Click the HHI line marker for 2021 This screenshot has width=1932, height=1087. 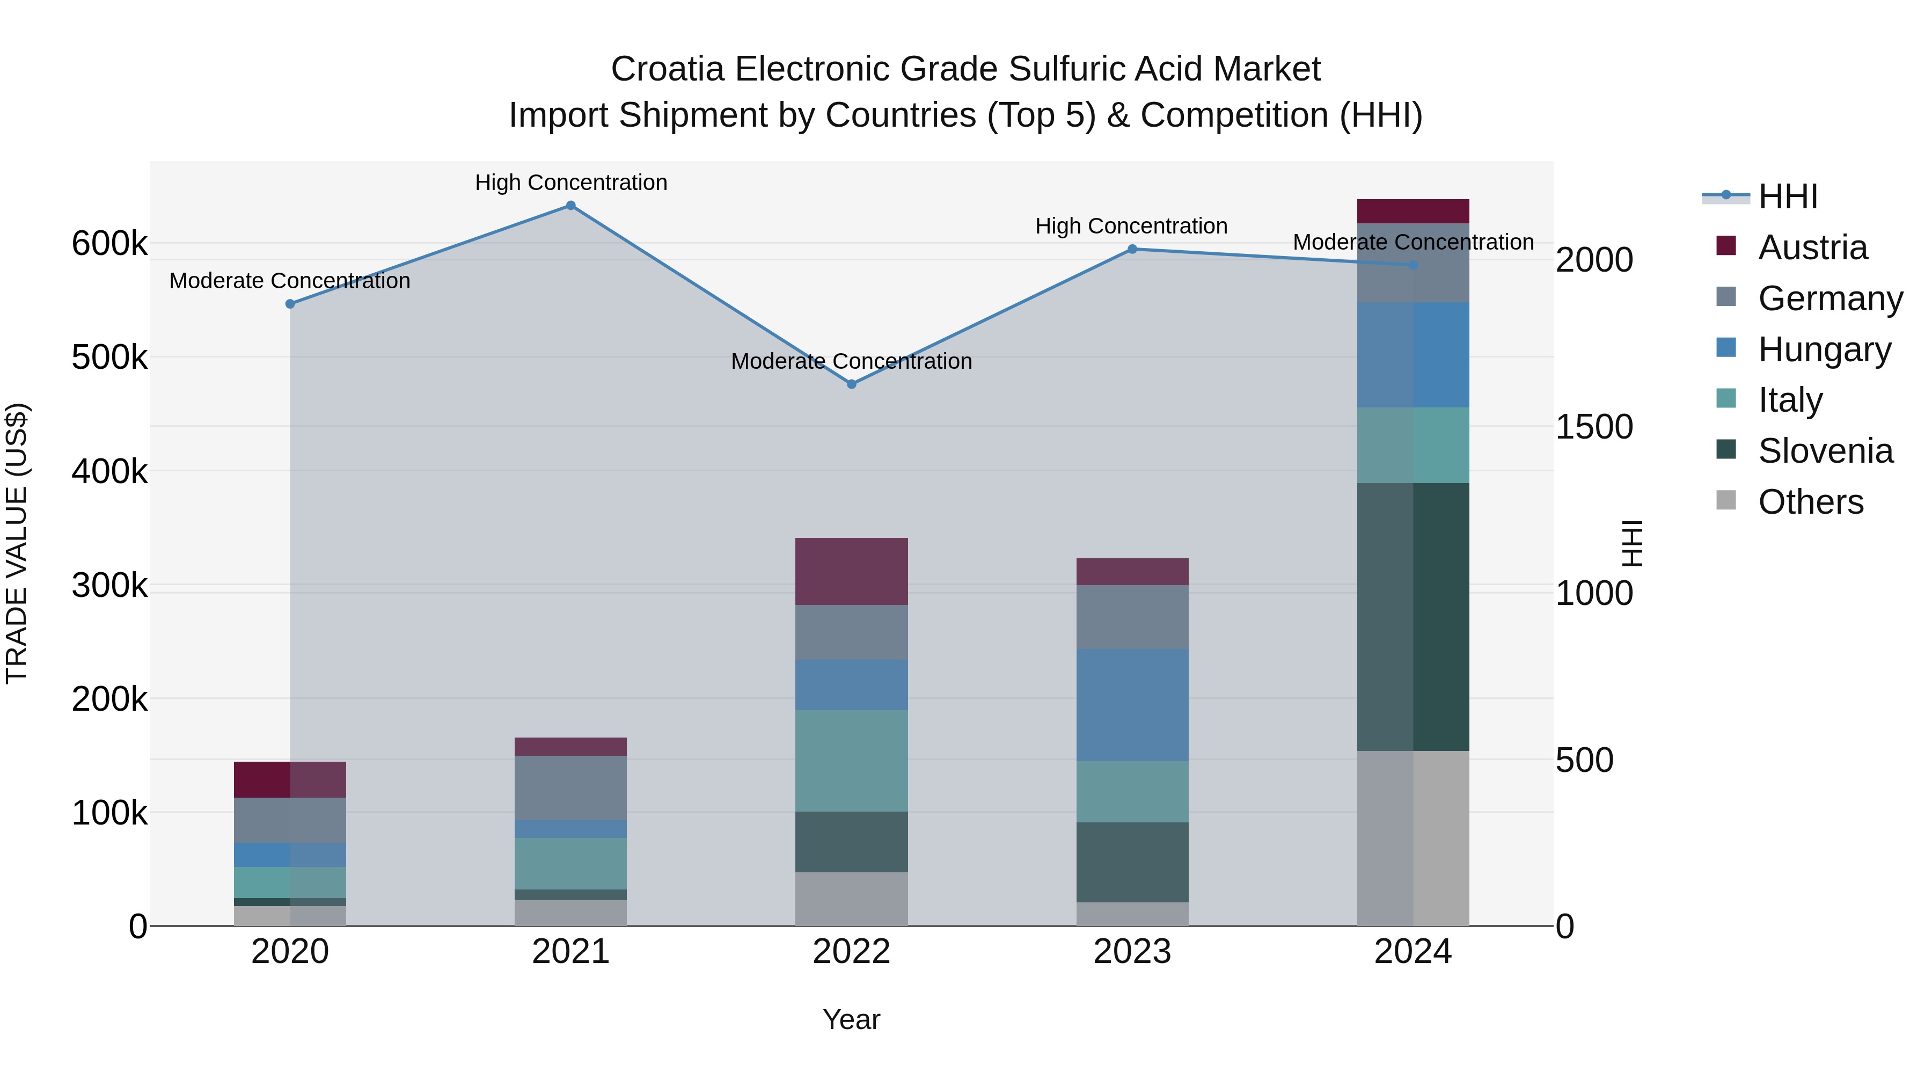point(571,206)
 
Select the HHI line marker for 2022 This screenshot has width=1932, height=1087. point(851,384)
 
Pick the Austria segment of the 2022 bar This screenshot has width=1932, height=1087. point(851,571)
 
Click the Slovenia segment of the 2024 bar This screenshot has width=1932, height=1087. point(1413,617)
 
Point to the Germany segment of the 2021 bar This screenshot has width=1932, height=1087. point(571,787)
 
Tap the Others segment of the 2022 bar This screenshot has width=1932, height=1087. point(851,898)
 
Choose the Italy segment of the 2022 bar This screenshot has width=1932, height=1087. point(851,761)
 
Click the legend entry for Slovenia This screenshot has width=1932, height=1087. point(1825,451)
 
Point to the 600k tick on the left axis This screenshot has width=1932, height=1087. point(109,244)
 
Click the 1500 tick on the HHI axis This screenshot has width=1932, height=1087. point(1594,427)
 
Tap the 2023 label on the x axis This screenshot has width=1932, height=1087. point(1132,952)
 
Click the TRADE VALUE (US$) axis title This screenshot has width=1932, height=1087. point(17,543)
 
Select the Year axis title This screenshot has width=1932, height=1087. point(851,1019)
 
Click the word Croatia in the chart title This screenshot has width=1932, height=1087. point(667,69)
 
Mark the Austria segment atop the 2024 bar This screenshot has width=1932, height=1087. point(1413,211)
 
